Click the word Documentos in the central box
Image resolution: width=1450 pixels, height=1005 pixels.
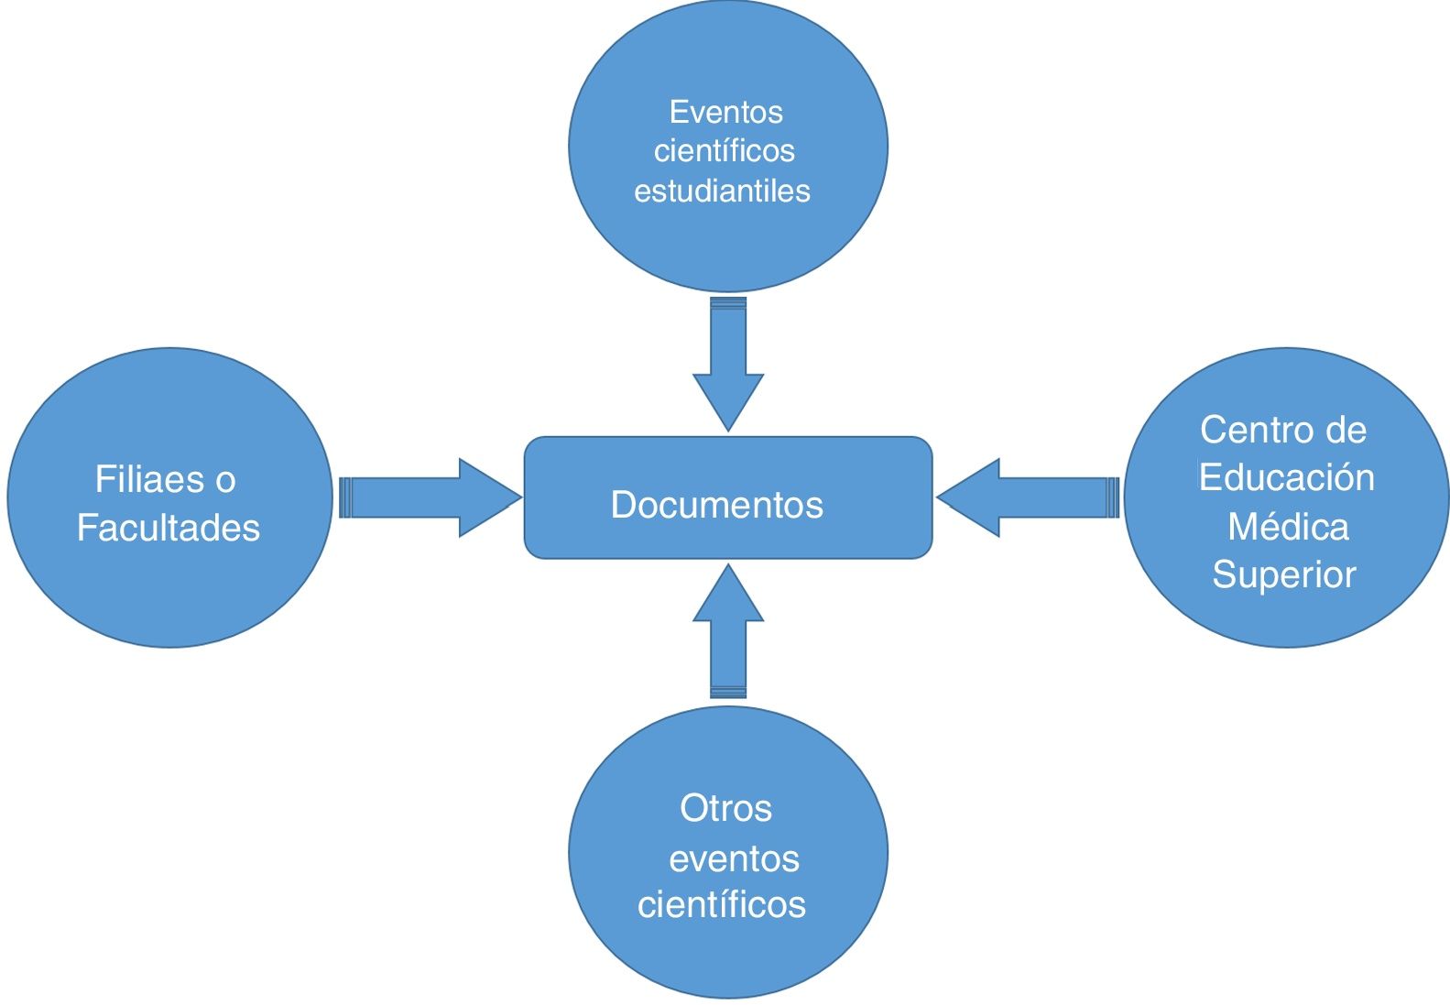[716, 505]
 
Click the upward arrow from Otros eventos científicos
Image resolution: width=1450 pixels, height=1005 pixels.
[728, 632]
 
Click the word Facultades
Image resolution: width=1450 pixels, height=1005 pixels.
[169, 528]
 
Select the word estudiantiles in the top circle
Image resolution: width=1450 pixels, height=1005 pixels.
[722, 191]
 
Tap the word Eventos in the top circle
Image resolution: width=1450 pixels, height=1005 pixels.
[725, 112]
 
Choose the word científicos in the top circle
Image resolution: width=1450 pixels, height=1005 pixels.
[724, 150]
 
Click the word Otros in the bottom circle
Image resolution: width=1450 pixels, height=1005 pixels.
[725, 808]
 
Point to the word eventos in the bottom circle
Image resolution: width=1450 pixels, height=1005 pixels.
[734, 858]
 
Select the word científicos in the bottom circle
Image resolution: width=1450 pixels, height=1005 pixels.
[722, 904]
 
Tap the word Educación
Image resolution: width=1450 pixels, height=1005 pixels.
[1286, 477]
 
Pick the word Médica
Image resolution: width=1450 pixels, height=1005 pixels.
[1288, 527]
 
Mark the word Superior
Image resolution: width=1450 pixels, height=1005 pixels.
[1284, 574]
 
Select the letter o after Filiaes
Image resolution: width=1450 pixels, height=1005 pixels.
[225, 480]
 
